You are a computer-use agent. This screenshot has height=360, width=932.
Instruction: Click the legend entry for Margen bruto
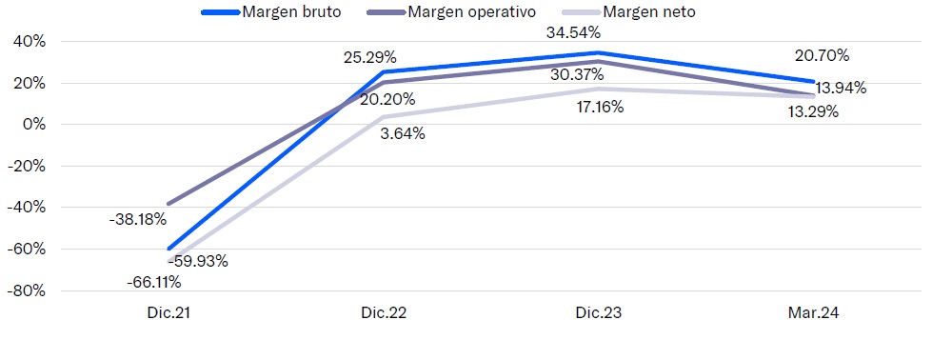pos(271,11)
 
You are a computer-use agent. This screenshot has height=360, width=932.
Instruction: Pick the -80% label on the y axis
pos(27,291)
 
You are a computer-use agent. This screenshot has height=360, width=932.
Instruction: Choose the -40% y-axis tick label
pos(27,208)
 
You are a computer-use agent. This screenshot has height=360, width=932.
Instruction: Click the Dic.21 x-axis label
pos(169,314)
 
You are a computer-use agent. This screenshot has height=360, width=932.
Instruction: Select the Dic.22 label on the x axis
pos(384,314)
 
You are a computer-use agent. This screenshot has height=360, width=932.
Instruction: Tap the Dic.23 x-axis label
pos(599,314)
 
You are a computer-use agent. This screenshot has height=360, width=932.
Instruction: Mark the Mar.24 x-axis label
pos(814,314)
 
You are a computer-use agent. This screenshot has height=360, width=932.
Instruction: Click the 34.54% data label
pos(573,33)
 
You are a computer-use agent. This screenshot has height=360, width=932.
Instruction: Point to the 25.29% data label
pos(369,58)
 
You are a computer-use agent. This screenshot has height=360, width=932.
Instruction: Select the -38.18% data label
pos(138,220)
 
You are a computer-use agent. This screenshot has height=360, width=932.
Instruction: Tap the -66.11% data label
pos(154,282)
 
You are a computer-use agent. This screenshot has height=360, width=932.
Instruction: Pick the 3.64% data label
pos(403,134)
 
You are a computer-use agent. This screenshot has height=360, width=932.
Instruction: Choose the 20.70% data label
pos(822,56)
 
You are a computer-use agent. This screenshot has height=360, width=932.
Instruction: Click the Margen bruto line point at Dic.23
pos(599,53)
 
